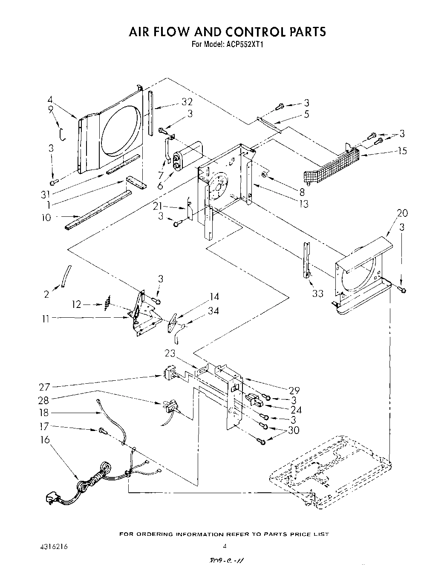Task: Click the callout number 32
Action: pyautogui.click(x=187, y=102)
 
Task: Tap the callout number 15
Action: pyautogui.click(x=401, y=151)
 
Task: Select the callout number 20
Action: pyautogui.click(x=402, y=213)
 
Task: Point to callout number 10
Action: pyautogui.click(x=46, y=218)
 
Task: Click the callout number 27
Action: pyautogui.click(x=45, y=387)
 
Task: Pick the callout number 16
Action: pyautogui.click(x=45, y=440)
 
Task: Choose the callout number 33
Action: pyautogui.click(x=317, y=293)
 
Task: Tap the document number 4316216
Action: pyautogui.click(x=53, y=546)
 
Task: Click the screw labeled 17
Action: pyautogui.click(x=102, y=431)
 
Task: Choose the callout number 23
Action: pyautogui.click(x=170, y=353)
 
